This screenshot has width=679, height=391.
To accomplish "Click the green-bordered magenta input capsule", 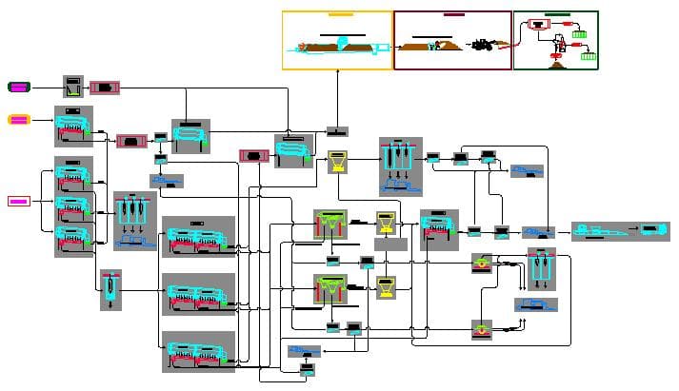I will click(19, 87).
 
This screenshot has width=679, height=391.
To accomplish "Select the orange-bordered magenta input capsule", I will click(19, 120).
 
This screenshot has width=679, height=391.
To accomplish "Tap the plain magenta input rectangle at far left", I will click(19, 201).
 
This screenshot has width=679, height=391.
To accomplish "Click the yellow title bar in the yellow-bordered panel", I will click(340, 15).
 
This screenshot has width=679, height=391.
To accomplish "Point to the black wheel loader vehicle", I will click(482, 45).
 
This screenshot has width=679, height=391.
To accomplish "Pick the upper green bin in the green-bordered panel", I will click(578, 34).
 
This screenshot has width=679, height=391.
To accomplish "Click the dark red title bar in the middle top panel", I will click(453, 15).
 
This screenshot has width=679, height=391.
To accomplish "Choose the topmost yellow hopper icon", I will click(337, 161).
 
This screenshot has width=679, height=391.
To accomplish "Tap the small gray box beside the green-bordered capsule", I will click(74, 87).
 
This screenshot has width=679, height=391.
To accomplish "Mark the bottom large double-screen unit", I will click(198, 351).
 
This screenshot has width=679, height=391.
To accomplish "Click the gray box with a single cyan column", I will click(111, 288).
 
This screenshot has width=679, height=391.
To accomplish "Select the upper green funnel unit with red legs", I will click(330, 227).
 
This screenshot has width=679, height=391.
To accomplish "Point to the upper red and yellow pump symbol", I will click(484, 263).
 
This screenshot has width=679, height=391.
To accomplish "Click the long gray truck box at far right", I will click(620, 231).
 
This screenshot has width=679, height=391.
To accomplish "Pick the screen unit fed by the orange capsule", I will click(73, 126).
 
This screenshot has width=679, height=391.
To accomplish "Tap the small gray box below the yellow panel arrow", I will click(337, 131).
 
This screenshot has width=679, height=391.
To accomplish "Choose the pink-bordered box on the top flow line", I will click(104, 88).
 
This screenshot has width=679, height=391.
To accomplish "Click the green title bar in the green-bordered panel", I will click(558, 15).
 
